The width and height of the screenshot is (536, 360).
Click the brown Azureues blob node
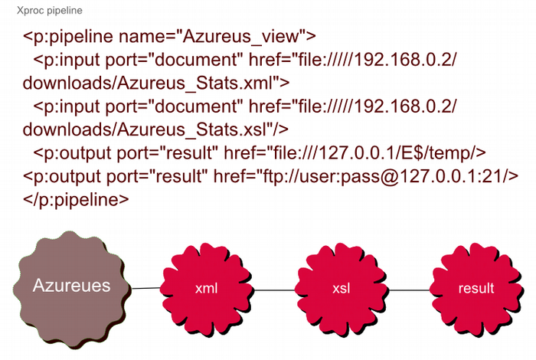[x=71, y=286]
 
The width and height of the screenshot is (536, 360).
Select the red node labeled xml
[x=207, y=288]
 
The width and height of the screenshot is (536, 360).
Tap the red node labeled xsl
[x=342, y=289]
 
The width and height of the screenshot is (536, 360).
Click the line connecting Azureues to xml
[x=145, y=288]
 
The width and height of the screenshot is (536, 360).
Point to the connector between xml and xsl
[x=274, y=290]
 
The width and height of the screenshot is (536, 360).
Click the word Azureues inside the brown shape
[x=71, y=286]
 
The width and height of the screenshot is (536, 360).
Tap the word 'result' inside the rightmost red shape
[x=476, y=289]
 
